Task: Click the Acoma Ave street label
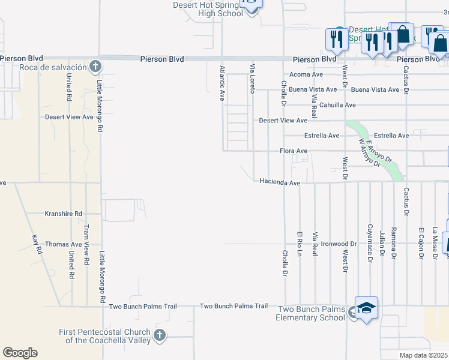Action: [306, 74]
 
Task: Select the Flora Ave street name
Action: [294, 151]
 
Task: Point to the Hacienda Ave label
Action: [280, 182]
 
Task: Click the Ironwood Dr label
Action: [339, 244]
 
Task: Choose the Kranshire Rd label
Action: [63, 214]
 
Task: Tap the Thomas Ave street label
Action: [64, 244]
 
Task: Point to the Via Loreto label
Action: [253, 78]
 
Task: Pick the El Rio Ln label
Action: [300, 244]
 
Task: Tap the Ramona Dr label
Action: [394, 243]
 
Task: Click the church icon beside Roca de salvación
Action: [94, 65]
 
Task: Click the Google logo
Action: [20, 353]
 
